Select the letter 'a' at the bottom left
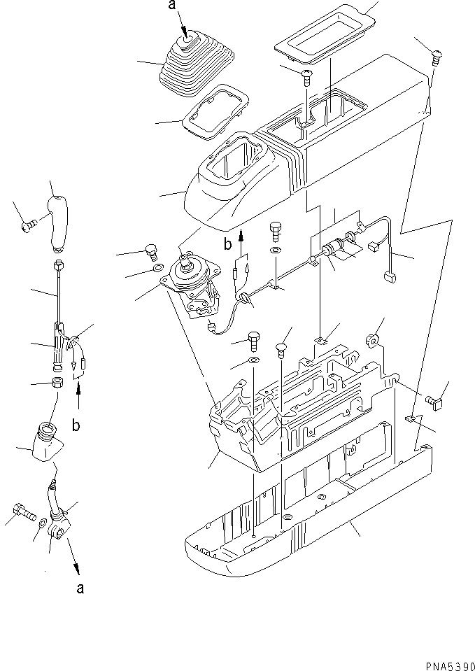pos(80,588)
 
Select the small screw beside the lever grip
pos(29,225)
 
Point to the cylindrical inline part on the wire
pos(334,248)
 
